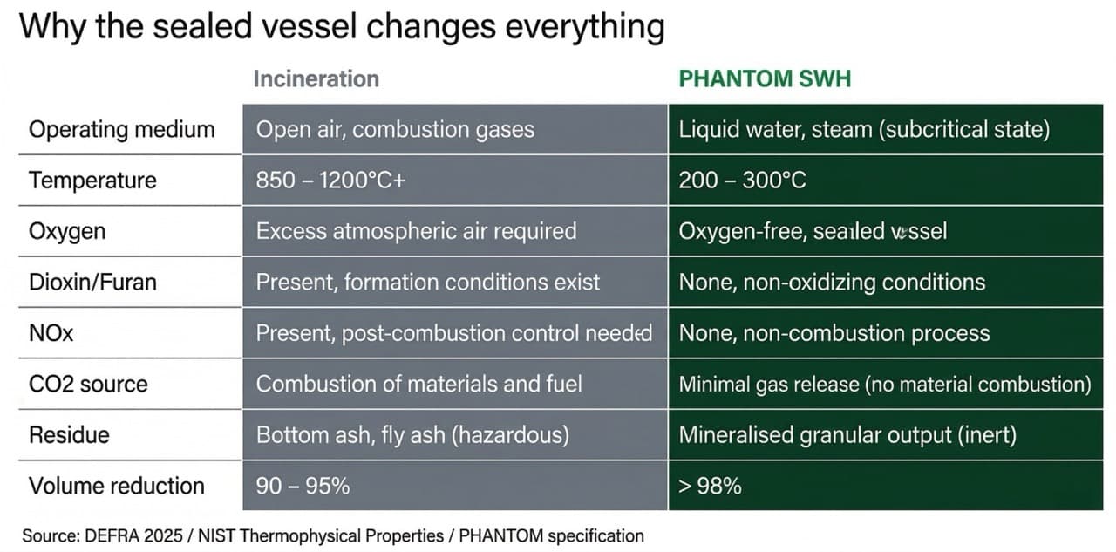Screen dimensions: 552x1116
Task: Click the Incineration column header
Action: pyautogui.click(x=316, y=79)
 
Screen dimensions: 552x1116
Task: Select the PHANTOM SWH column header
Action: pyautogui.click(x=764, y=79)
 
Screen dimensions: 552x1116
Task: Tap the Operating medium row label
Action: pyautogui.click(x=121, y=130)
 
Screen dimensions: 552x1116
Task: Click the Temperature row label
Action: pyautogui.click(x=92, y=181)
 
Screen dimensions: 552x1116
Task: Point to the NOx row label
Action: pyautogui.click(x=51, y=333)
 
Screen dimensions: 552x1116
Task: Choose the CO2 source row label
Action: pyautogui.click(x=88, y=384)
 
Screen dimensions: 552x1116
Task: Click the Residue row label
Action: pyautogui.click(x=68, y=434)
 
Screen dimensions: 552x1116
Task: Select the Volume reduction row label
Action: pyautogui.click(x=117, y=486)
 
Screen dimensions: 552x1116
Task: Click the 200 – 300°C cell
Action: pyautogui.click(x=742, y=181)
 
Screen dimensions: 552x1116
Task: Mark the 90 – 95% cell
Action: pyautogui.click(x=303, y=486)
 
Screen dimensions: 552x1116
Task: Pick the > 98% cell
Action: pyautogui.click(x=710, y=486)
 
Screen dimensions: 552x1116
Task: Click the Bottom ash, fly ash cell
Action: pyautogui.click(x=412, y=434)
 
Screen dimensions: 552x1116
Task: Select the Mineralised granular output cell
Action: pyautogui.click(x=847, y=434)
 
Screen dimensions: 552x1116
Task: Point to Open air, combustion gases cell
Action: pyautogui.click(x=395, y=130)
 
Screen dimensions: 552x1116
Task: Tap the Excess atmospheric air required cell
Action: pyautogui.click(x=416, y=231)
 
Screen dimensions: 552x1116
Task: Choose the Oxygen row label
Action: pyautogui.click(x=67, y=231)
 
